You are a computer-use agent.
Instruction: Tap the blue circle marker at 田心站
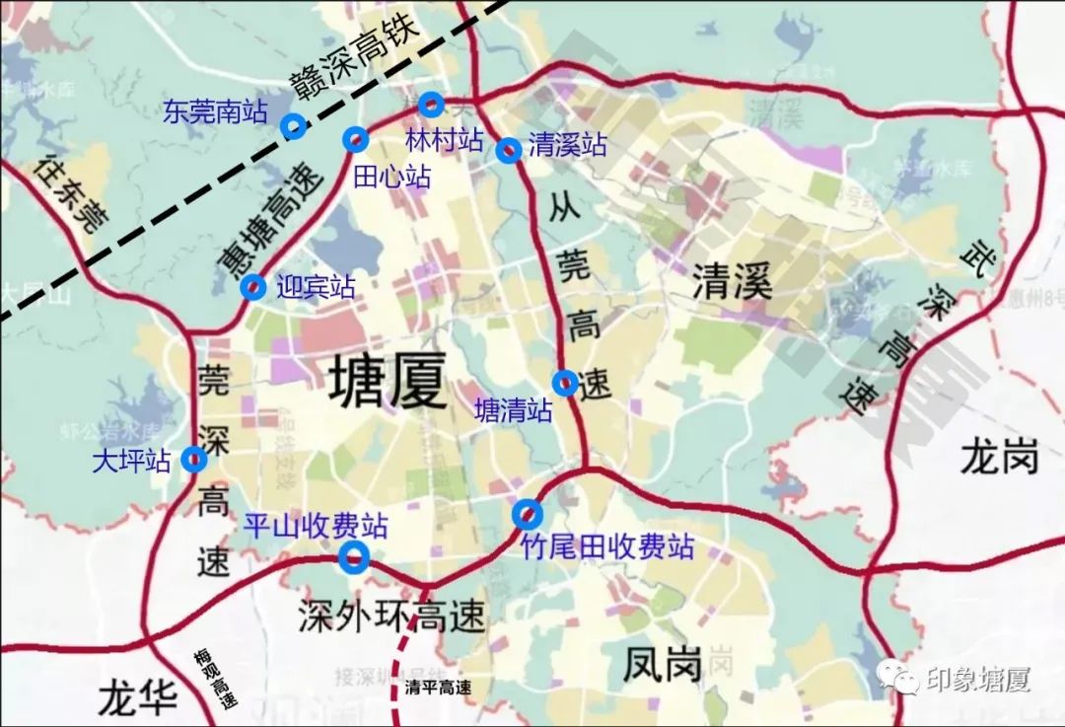[x=355, y=140]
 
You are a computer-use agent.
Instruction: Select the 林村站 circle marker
[x=431, y=105]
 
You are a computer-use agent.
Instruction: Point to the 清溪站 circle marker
[x=508, y=150]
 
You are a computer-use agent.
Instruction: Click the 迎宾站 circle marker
[x=253, y=287]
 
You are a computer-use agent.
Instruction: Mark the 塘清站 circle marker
[x=565, y=383]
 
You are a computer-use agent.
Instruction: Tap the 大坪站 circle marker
[x=193, y=459]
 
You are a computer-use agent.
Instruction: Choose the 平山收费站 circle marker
[x=353, y=558]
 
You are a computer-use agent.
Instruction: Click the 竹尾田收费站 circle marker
[x=528, y=514]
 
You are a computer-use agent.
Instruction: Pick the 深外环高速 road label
[x=391, y=617]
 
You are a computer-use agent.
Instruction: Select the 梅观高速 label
[x=216, y=680]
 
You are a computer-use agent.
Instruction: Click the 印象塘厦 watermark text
[x=976, y=680]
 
